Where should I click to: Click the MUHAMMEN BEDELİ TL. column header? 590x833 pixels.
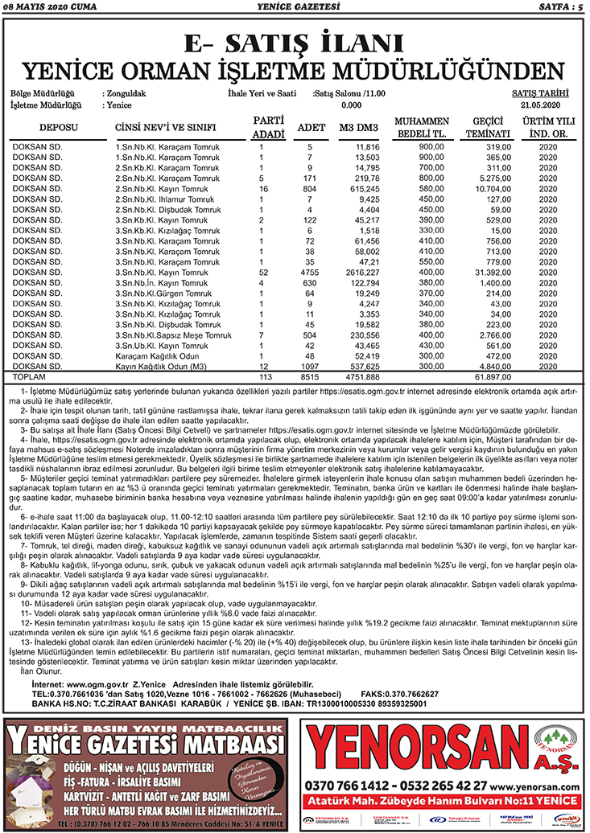click(423, 127)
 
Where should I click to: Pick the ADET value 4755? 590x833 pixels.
click(309, 273)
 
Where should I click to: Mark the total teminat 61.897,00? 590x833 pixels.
click(489, 376)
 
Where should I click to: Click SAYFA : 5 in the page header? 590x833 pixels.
click(556, 7)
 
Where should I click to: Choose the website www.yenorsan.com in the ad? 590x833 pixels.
click(534, 786)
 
